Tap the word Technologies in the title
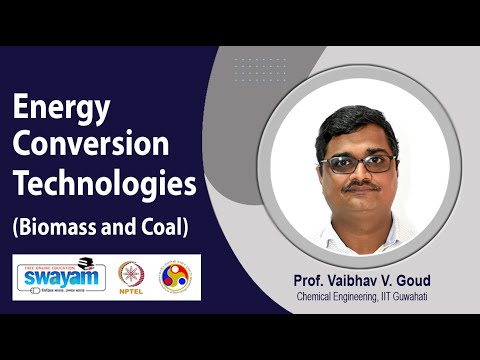point(103,186)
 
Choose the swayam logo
point(59,276)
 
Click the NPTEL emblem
point(130,276)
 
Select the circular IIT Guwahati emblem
point(176,276)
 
